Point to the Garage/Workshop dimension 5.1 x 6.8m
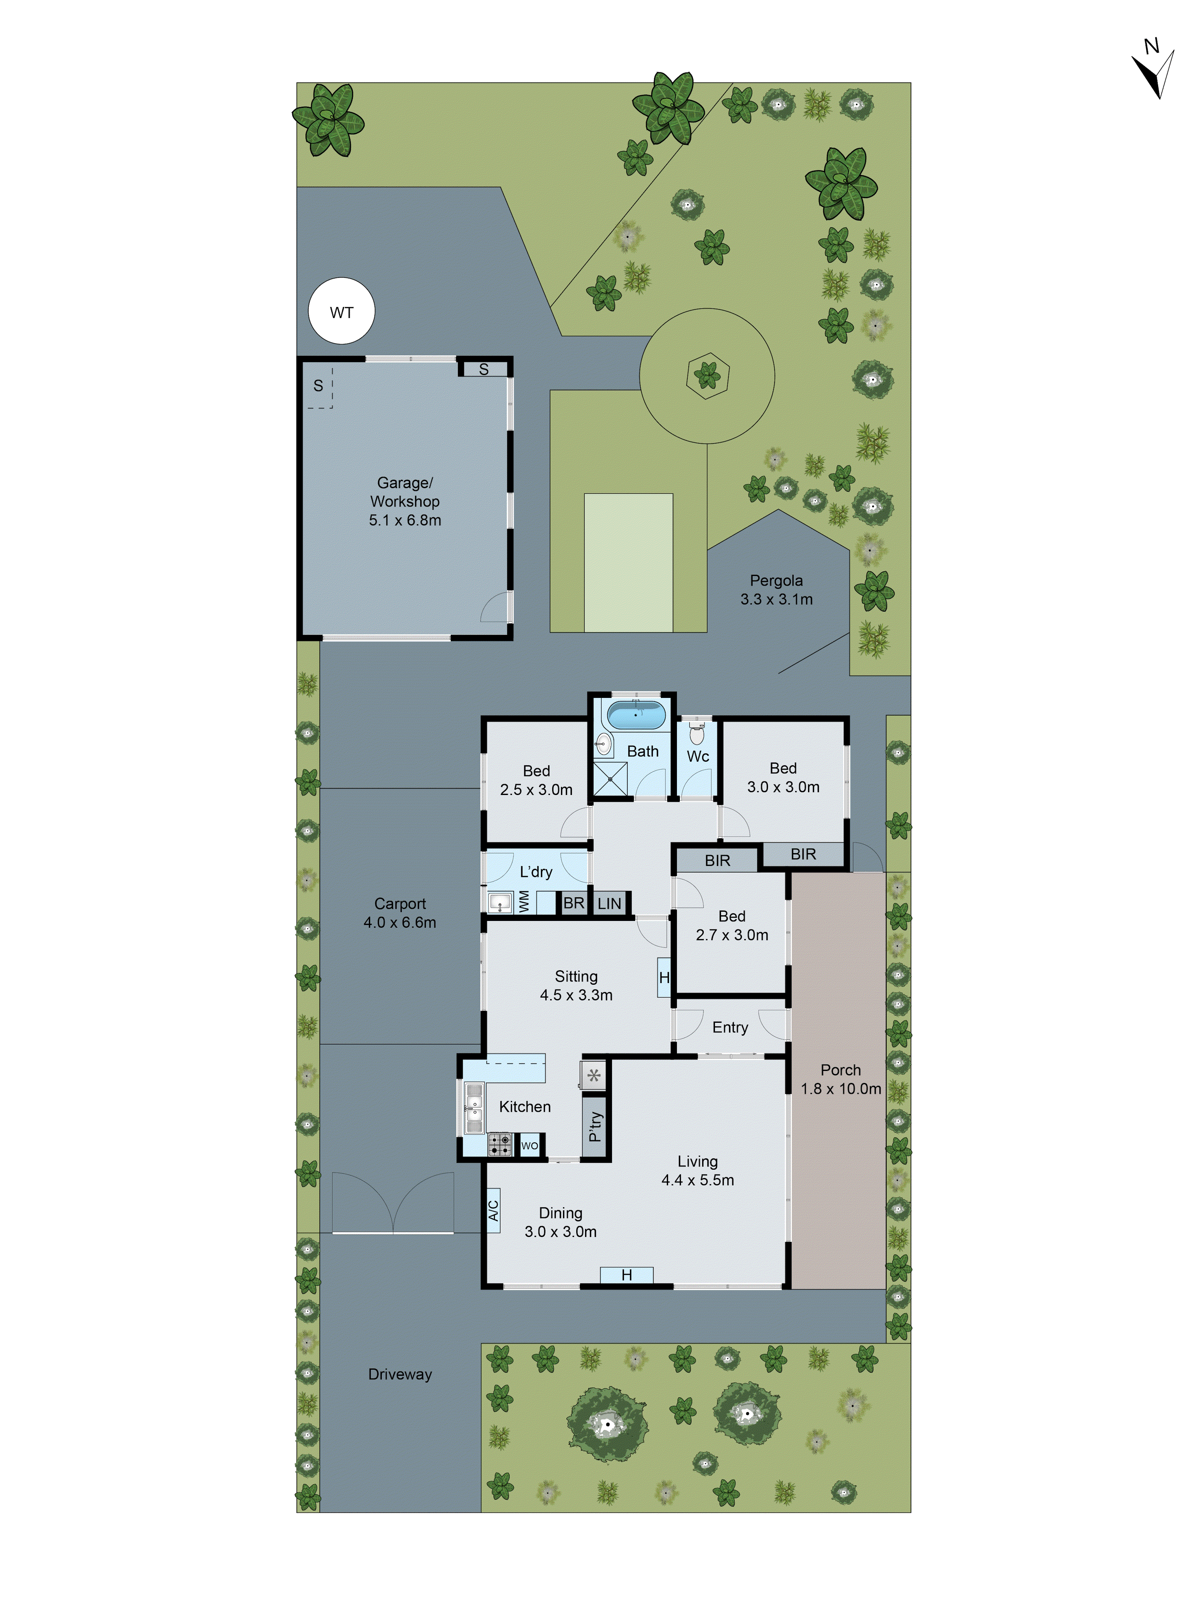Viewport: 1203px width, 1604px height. (405, 520)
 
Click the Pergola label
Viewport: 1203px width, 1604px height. (776, 580)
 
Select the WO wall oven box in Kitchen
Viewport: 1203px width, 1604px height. (529, 1146)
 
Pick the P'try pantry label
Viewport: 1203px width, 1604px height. (595, 1126)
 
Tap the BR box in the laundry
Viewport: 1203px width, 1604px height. (573, 903)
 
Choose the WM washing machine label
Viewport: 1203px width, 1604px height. (524, 901)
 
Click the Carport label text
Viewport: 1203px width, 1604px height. (399, 904)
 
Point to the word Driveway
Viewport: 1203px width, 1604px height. (399, 1374)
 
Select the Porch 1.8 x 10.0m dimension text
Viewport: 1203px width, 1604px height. (840, 1089)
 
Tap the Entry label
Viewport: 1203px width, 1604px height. (729, 1027)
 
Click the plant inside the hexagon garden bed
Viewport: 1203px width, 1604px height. (707, 375)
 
